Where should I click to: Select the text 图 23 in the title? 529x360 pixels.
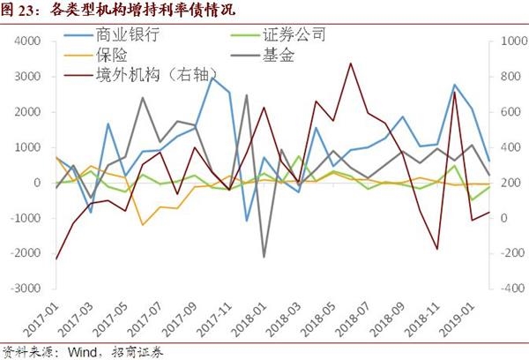pyautogui.click(x=19, y=11)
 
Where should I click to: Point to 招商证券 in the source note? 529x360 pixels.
pyautogui.click(x=138, y=350)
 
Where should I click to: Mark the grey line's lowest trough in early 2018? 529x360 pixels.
pyautogui.click(x=264, y=257)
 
